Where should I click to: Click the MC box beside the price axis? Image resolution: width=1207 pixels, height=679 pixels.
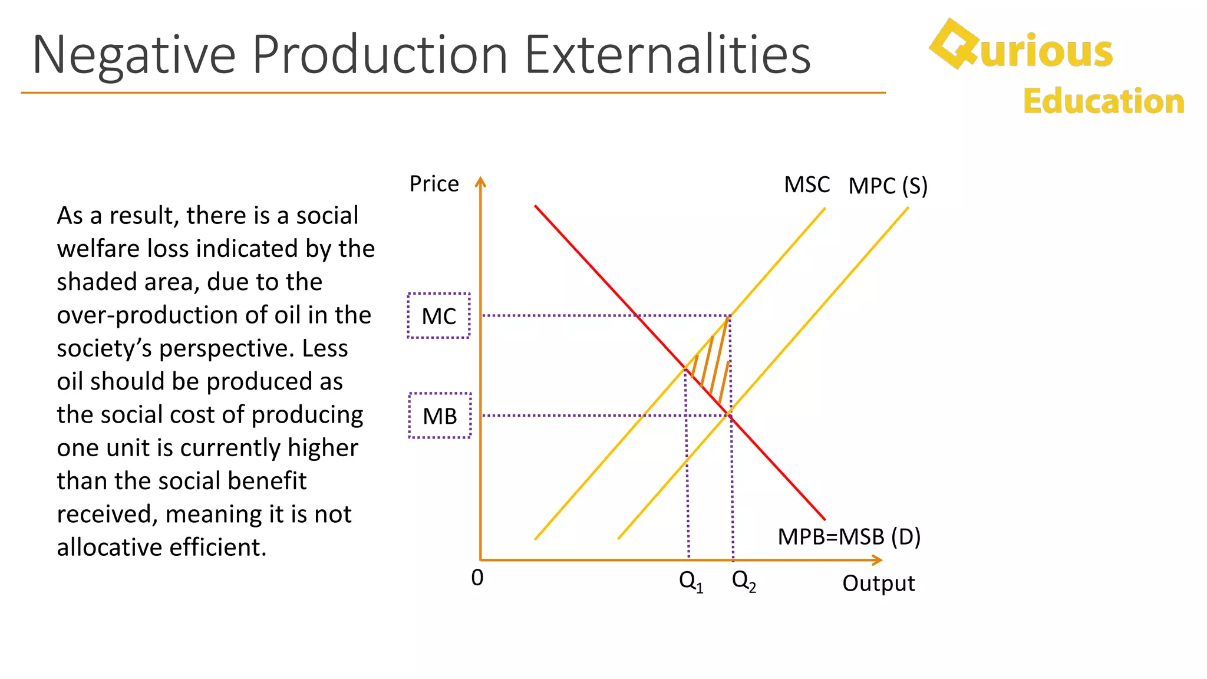pyautogui.click(x=439, y=316)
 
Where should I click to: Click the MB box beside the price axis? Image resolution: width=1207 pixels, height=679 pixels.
pyautogui.click(x=440, y=416)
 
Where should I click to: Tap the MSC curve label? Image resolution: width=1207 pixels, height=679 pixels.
pyautogui.click(x=806, y=185)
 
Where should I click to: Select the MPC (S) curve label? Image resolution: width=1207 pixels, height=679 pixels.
pyautogui.click(x=888, y=186)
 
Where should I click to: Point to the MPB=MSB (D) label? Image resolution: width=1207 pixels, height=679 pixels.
pyautogui.click(x=849, y=537)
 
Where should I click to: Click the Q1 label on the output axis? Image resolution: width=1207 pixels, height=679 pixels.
pyautogui.click(x=691, y=582)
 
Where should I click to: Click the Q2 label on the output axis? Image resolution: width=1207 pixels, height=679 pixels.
pyautogui.click(x=744, y=581)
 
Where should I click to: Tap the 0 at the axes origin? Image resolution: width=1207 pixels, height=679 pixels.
pyautogui.click(x=477, y=578)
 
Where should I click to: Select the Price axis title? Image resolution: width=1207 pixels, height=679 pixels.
pyautogui.click(x=434, y=184)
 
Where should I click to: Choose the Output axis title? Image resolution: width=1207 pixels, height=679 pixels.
pyautogui.click(x=878, y=584)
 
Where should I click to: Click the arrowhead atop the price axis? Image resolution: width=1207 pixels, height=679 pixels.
pyautogui.click(x=481, y=181)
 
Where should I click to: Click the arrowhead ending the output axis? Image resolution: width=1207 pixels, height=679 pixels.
pyautogui.click(x=878, y=560)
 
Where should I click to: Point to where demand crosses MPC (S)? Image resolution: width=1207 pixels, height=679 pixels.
pyautogui.click(x=730, y=414)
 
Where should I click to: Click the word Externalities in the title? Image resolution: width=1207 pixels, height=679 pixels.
pyautogui.click(x=667, y=55)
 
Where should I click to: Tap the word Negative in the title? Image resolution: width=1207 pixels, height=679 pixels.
pyautogui.click(x=134, y=55)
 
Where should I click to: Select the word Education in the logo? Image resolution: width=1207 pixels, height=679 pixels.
pyautogui.click(x=1103, y=101)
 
